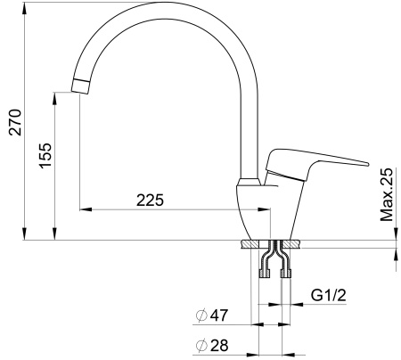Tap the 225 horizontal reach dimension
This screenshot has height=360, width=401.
click(x=150, y=200)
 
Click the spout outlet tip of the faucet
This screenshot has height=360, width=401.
click(x=79, y=87)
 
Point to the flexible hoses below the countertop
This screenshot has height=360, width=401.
click(x=272, y=259)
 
